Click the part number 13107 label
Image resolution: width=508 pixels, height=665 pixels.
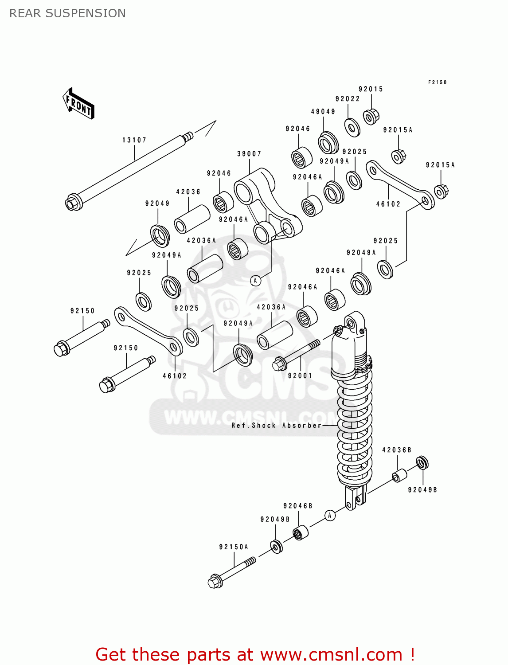coord(134,140)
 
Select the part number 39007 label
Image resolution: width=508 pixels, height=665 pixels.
coord(249,154)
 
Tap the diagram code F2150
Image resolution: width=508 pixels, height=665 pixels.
coord(437,82)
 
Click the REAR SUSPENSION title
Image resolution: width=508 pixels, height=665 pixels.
coord(67,13)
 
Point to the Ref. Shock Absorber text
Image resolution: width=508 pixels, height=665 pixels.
coord(276,426)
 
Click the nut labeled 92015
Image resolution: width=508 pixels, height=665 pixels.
coord(371,117)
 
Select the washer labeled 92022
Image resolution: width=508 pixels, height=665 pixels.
coord(352,127)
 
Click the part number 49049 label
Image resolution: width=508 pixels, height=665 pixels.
coord(323,112)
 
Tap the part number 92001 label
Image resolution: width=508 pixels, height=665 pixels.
coord(300,376)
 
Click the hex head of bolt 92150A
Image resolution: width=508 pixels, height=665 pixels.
coord(215,581)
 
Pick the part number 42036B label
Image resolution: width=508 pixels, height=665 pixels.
coord(397,450)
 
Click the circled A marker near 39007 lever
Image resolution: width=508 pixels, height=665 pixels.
coord(255,281)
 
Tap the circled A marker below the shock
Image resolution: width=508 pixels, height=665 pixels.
coord(329,515)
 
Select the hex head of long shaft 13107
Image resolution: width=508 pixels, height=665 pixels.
coord(72,203)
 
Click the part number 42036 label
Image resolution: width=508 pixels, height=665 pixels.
coord(188,192)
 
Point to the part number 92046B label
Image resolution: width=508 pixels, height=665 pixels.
coord(298,506)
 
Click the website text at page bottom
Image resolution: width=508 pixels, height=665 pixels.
coord(255,654)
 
